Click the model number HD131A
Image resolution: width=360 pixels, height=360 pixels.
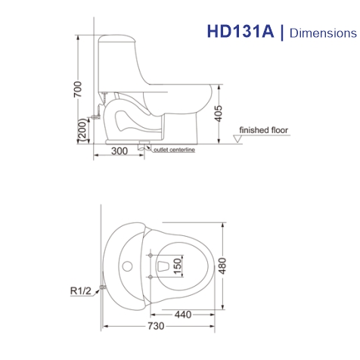[241, 33]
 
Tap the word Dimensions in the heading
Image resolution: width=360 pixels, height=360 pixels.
[322, 33]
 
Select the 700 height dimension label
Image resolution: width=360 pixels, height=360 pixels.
[76, 90]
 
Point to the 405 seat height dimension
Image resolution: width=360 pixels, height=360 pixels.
[219, 114]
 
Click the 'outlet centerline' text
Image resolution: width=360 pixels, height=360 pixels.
[174, 151]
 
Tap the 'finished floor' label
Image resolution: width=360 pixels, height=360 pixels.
[264, 131]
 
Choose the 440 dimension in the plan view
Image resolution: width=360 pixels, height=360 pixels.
[181, 313]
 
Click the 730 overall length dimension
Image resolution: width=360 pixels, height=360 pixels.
[155, 327]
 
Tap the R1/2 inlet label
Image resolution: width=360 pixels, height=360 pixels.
[81, 290]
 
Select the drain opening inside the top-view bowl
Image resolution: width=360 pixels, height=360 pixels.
[162, 265]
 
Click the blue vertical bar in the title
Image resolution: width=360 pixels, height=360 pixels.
[282, 33]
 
